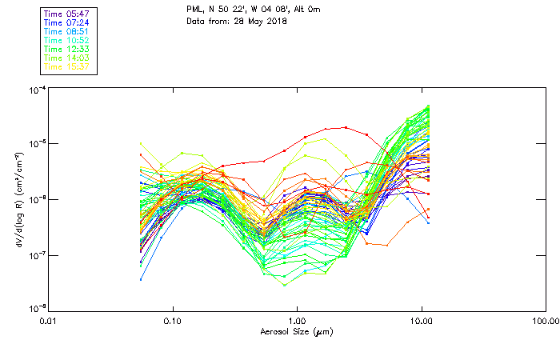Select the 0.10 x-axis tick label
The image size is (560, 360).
coord(173,321)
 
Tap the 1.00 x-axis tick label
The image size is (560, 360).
coord(297,321)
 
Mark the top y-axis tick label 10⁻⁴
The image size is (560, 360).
coord(37,90)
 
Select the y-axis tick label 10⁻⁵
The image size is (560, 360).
coord(37,144)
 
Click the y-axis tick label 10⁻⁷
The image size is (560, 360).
coord(37,255)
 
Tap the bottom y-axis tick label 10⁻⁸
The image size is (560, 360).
coord(37,309)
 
